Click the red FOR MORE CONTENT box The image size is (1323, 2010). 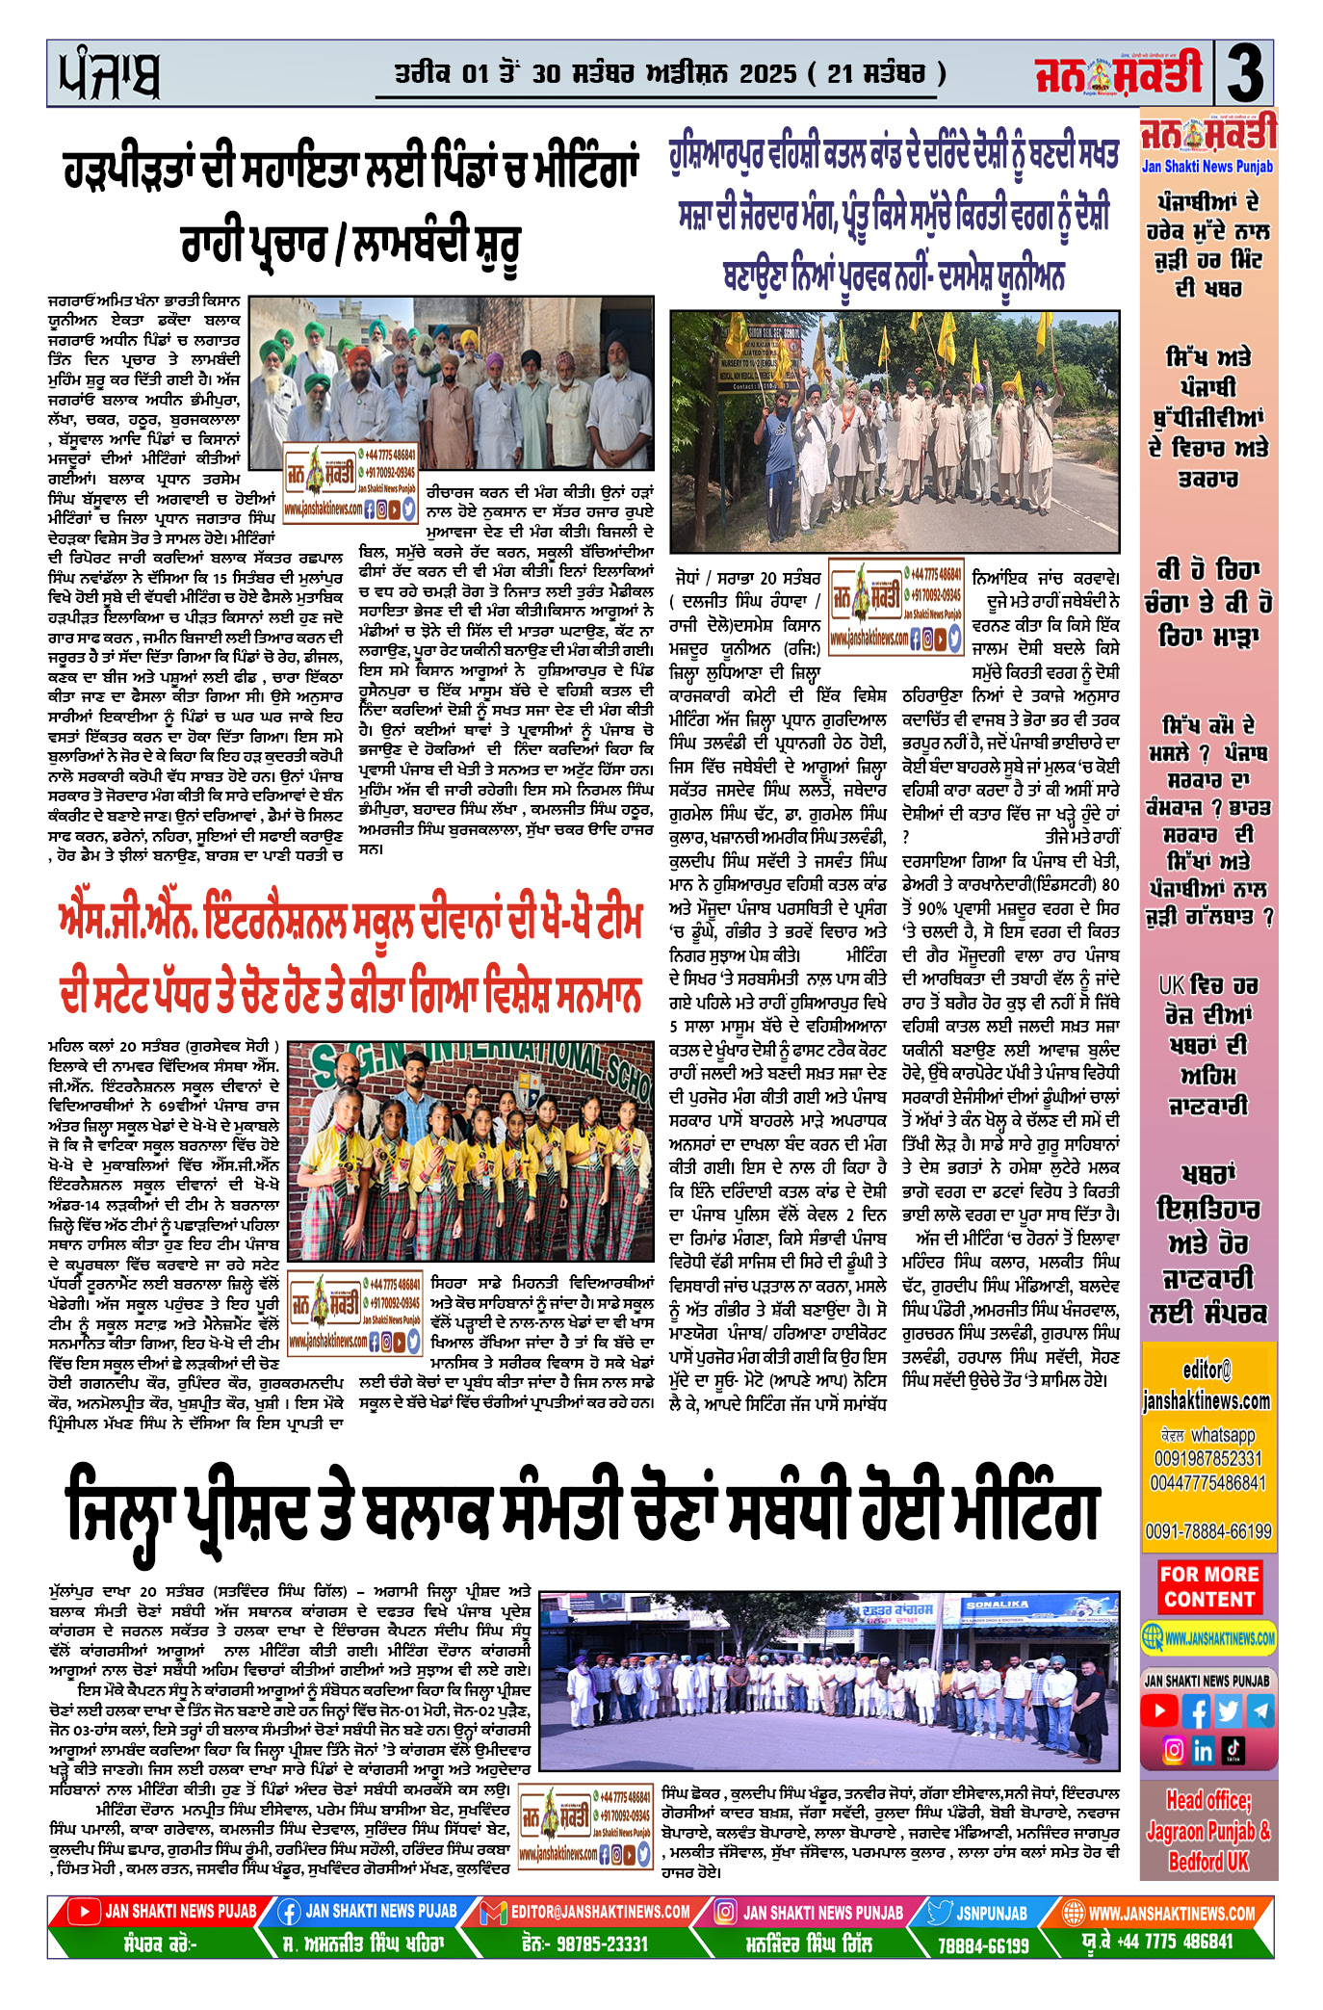coord(1209,1586)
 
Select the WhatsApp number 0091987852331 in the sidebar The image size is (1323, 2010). coord(1207,1458)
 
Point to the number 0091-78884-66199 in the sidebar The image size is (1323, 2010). coord(1207,1531)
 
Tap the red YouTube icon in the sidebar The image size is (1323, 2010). coord(1159,1710)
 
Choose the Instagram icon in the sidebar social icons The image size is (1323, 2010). coord(1173,1749)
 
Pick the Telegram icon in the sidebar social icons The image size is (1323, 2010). coord(1259,1710)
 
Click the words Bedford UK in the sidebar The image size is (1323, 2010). coord(1208,1862)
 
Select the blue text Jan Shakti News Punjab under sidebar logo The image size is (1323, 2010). coord(1206,167)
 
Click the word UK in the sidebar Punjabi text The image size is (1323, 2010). coord(1170,985)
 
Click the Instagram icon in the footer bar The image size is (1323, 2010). coord(726,1913)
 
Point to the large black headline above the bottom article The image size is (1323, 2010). coord(583,1510)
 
